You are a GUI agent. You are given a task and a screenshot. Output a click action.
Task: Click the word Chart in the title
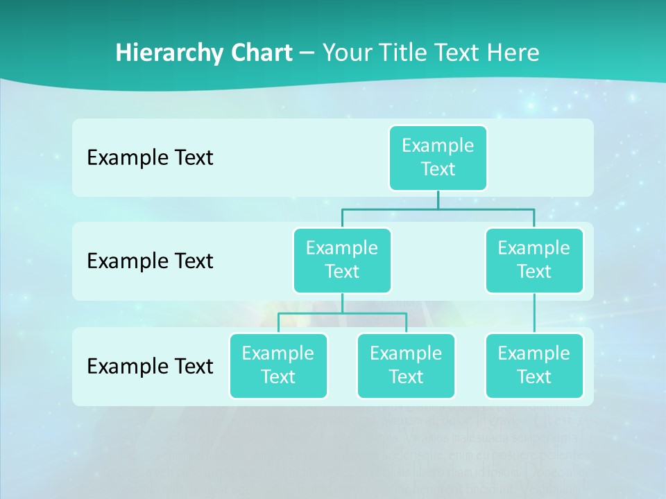tap(260, 53)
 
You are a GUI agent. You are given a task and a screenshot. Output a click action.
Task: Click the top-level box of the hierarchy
tap(438, 157)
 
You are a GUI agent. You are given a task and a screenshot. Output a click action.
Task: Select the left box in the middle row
tap(342, 260)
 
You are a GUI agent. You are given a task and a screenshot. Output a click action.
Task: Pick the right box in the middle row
tap(534, 260)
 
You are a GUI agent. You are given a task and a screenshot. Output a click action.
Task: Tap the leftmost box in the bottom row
tap(278, 365)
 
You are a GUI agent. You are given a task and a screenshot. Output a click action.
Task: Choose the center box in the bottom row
tap(406, 365)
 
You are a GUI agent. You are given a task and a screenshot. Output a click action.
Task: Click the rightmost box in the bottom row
tap(534, 365)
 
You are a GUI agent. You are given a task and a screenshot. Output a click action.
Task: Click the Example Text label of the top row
tap(150, 158)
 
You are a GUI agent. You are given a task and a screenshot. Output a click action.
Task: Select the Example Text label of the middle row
tap(150, 261)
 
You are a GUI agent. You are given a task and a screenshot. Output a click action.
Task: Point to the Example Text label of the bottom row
tap(150, 366)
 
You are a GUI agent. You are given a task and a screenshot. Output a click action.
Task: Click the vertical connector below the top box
tap(438, 200)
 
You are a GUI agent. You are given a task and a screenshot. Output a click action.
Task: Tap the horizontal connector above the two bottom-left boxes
tap(342, 313)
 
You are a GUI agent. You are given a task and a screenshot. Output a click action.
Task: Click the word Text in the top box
tap(438, 169)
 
